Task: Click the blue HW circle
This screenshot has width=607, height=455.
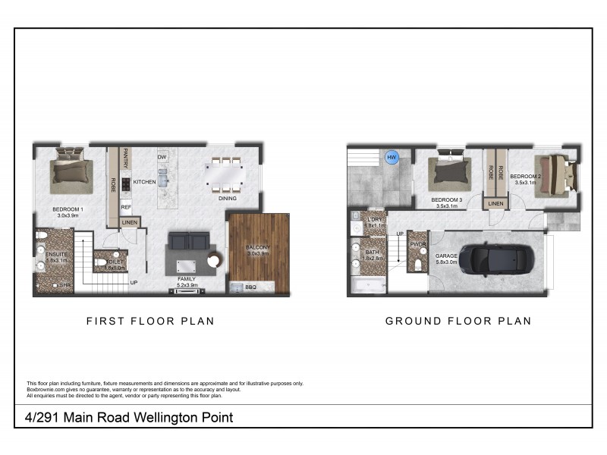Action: pos(392,158)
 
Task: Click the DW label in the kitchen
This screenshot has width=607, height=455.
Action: pos(162,157)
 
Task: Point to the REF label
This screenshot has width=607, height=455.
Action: pos(127,206)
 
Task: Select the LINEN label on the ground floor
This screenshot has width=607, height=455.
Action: pos(495,203)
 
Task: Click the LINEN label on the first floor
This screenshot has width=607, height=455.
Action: pos(130,222)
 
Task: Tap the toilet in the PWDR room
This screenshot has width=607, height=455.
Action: pos(418,262)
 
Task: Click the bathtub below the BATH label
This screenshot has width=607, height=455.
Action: pos(366,286)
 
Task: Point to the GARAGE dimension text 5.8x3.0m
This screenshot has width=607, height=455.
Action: pos(446,264)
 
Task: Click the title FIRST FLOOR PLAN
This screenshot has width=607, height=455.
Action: pos(149,321)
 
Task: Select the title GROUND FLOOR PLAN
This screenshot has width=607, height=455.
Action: pos(458,321)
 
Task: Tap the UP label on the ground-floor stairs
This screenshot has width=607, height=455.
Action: pos(400,234)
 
